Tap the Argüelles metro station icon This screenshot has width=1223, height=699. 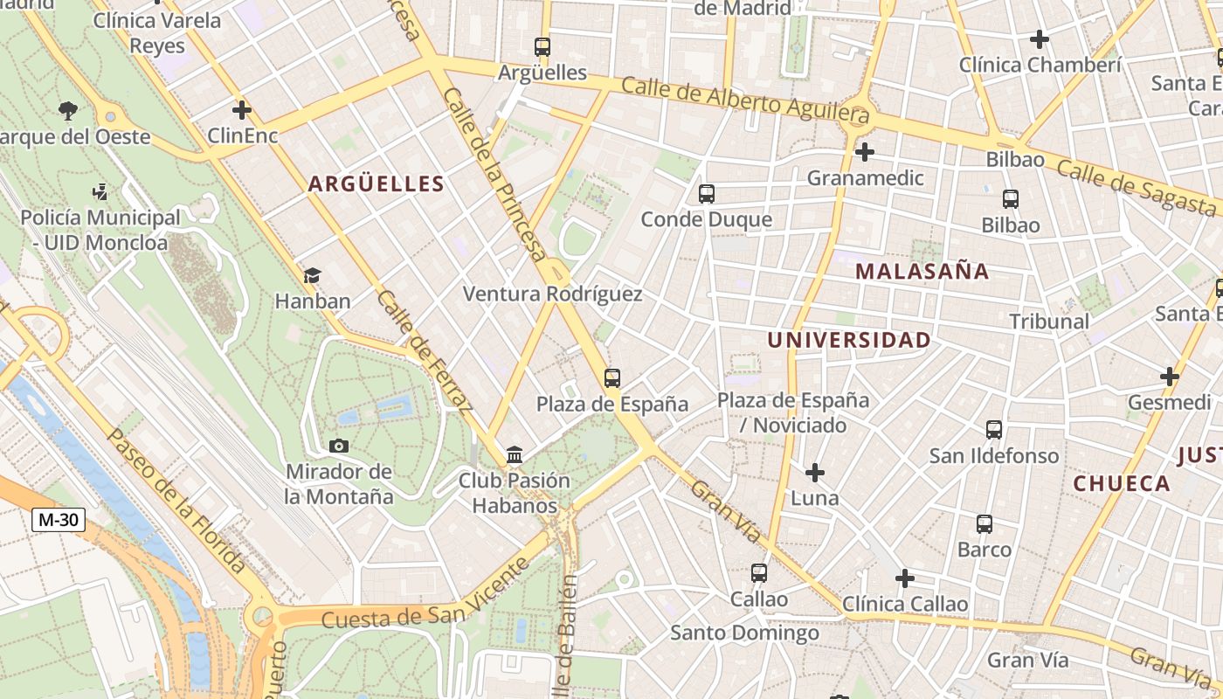tap(542, 47)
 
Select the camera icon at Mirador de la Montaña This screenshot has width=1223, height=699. tap(339, 446)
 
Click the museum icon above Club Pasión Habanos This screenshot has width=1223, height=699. tap(515, 455)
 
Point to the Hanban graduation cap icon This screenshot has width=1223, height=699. tap(312, 276)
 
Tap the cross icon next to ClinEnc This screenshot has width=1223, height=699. tap(242, 110)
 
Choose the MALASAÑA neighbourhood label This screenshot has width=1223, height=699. tap(922, 271)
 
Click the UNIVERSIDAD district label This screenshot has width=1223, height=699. tap(848, 340)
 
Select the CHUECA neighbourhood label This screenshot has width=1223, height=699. tap(1122, 483)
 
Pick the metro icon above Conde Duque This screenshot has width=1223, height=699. tap(706, 194)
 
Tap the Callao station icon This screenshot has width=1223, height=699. tap(759, 573)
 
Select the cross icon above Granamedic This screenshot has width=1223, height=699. tap(865, 152)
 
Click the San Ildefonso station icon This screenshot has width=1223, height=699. tap(994, 430)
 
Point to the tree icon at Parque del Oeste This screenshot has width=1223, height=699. tap(68, 110)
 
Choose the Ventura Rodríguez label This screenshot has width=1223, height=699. tap(552, 294)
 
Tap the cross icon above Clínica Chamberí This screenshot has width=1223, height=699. tap(1039, 39)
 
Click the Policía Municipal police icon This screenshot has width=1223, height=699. tap(100, 191)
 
